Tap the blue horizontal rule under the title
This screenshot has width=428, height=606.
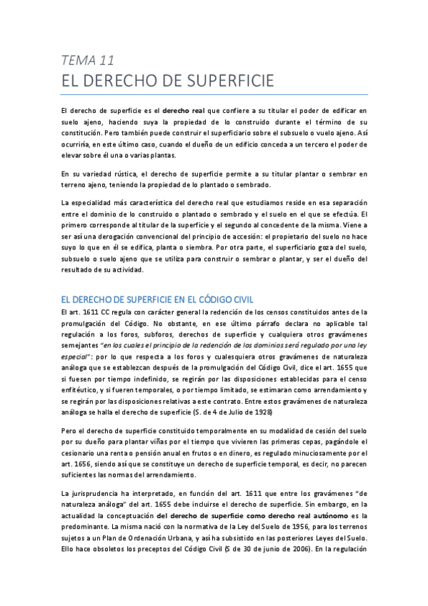(214, 94)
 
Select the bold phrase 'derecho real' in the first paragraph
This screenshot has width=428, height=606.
(184, 111)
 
